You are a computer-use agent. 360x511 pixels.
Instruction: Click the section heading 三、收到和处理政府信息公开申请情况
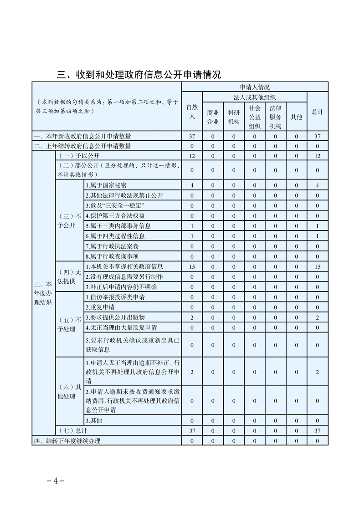139,74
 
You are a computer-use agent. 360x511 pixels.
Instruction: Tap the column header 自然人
192,112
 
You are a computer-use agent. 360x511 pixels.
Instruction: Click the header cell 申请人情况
255,87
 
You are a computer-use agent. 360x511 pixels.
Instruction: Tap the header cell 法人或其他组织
255,97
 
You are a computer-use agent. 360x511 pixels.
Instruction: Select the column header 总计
317,112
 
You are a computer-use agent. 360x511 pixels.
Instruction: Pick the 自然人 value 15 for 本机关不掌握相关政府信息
192,266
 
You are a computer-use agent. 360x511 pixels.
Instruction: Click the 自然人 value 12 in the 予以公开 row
192,156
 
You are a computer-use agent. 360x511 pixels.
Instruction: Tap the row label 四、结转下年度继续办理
67,441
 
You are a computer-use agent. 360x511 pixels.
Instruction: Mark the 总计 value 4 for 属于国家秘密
317,185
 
